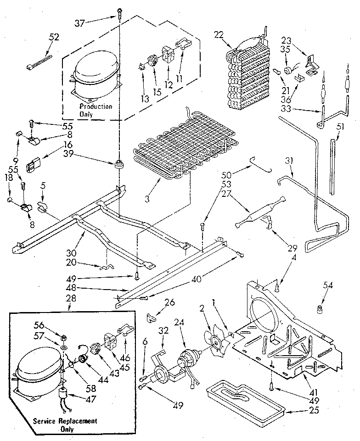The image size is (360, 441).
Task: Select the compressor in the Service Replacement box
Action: click(x=39, y=371)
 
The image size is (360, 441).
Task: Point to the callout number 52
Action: click(x=54, y=38)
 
